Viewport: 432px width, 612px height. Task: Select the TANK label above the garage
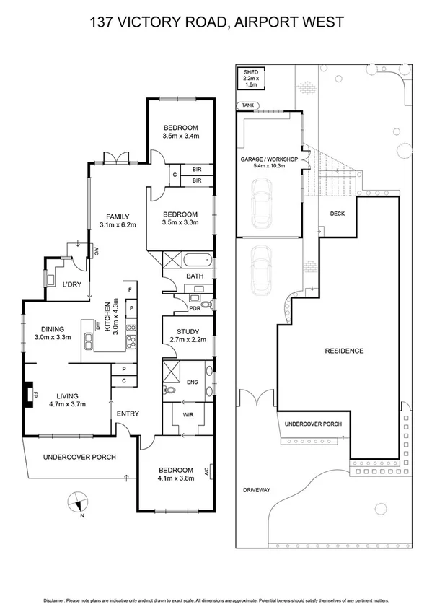tap(248, 105)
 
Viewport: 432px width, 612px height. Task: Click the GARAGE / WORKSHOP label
tap(268, 161)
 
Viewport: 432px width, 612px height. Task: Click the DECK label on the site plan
tap(337, 214)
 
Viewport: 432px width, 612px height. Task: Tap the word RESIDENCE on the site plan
tap(344, 351)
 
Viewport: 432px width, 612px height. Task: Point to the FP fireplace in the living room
tap(31, 395)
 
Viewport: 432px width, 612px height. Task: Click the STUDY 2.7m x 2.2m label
tap(188, 336)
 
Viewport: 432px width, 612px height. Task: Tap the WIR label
tap(188, 415)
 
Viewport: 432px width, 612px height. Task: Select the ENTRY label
tap(128, 414)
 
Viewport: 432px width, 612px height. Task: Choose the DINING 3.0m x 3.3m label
tap(55, 332)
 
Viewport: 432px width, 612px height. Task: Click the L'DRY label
tap(71, 284)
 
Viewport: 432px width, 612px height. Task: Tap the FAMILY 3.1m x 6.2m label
tap(118, 220)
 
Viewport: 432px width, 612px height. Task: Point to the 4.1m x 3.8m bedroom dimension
tap(175, 476)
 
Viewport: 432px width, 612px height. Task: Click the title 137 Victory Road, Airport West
tap(216, 22)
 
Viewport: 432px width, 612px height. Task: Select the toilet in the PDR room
tap(207, 305)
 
